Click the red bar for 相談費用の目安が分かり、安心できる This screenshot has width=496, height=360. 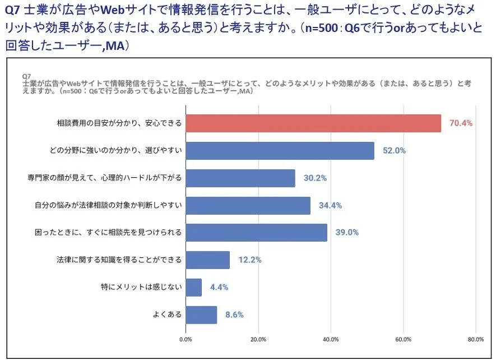point(313,123)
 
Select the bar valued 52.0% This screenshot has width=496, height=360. point(280,151)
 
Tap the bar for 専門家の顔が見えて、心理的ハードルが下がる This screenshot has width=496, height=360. point(240,178)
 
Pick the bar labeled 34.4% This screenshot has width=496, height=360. point(248,205)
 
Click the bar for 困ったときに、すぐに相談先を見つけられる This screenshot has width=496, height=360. point(256,233)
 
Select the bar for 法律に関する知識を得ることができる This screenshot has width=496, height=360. point(207,260)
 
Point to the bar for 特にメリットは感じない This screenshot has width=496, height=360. point(193,288)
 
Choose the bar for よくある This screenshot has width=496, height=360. point(201,315)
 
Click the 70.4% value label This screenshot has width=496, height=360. point(461,123)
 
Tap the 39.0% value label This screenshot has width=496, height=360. point(347,233)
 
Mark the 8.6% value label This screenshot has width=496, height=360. point(234,315)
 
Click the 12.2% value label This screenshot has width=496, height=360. point(250,260)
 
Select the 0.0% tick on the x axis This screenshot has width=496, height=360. point(186,339)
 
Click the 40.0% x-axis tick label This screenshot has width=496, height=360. point(331,339)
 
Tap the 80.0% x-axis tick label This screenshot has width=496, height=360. point(475,339)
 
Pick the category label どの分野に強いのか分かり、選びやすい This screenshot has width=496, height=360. point(115,151)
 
